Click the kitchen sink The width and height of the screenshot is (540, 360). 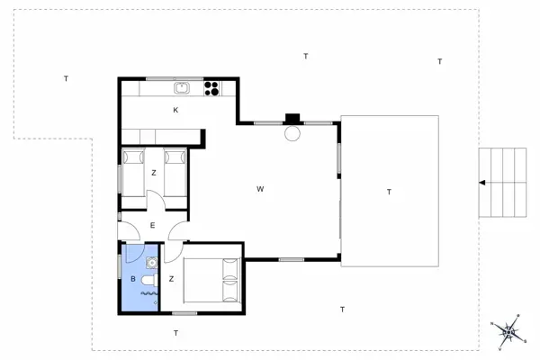pyautogui.click(x=182, y=88)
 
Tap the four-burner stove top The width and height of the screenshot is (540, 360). pyautogui.click(x=211, y=88)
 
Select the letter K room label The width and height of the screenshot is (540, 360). pyautogui.click(x=175, y=110)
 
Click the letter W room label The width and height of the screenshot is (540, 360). pyautogui.click(x=260, y=189)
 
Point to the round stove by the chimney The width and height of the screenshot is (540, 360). pyautogui.click(x=292, y=133)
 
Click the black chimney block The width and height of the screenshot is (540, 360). pyautogui.click(x=292, y=119)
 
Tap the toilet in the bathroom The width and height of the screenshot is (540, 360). pyautogui.click(x=149, y=280)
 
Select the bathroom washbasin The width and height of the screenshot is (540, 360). pyautogui.click(x=152, y=263)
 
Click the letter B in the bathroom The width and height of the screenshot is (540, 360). pyautogui.click(x=133, y=279)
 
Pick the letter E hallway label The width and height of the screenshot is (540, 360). pyautogui.click(x=153, y=225)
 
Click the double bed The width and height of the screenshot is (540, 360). pyautogui.click(x=211, y=281)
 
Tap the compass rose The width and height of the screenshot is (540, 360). pyautogui.click(x=508, y=331)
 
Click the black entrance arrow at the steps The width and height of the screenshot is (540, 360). pyautogui.click(x=482, y=183)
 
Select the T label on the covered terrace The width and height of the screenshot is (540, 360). pyautogui.click(x=389, y=192)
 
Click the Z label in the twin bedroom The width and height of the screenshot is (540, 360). pyautogui.click(x=154, y=173)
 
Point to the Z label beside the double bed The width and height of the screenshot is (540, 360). pyautogui.click(x=172, y=279)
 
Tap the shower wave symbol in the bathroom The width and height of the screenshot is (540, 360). pyautogui.click(x=149, y=293)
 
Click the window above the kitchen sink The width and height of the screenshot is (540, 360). pyautogui.click(x=175, y=79)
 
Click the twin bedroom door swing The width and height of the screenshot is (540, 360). pyautogui.click(x=157, y=199)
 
